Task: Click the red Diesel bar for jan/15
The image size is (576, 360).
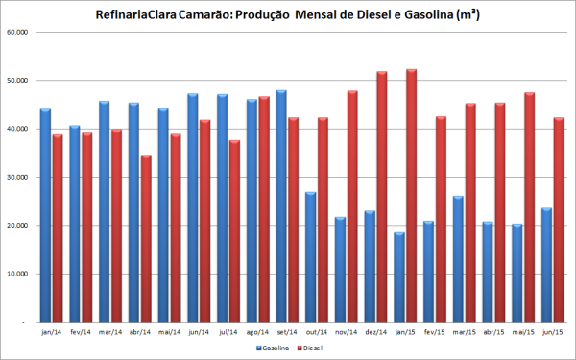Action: point(411,196)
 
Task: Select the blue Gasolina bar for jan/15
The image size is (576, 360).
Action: point(399,277)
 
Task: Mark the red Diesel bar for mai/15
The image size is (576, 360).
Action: point(529,207)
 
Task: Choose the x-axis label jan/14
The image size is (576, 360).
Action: point(51,331)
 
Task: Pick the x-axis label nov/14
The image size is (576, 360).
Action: point(346,331)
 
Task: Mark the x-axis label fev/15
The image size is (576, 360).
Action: point(434,331)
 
